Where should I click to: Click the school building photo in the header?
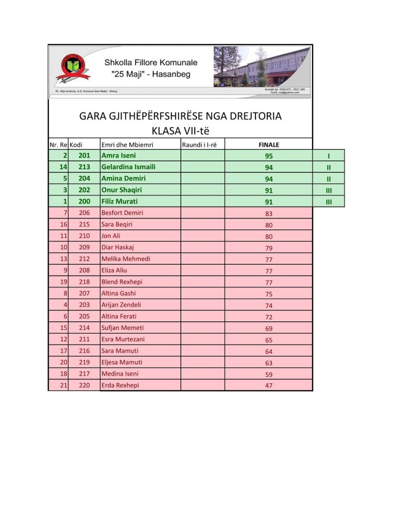coord(262,66)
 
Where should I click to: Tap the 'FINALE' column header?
coord(269,144)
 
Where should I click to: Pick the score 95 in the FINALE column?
coord(269,156)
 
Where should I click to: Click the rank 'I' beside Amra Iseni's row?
coord(328,156)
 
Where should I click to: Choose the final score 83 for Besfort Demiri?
coord(269,213)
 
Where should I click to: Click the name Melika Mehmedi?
coord(126,259)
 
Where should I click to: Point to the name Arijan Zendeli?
coord(121,305)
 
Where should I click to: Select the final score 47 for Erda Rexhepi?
coord(269,386)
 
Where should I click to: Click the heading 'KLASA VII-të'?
coord(180,130)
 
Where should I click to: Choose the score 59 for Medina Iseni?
coord(269,374)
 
